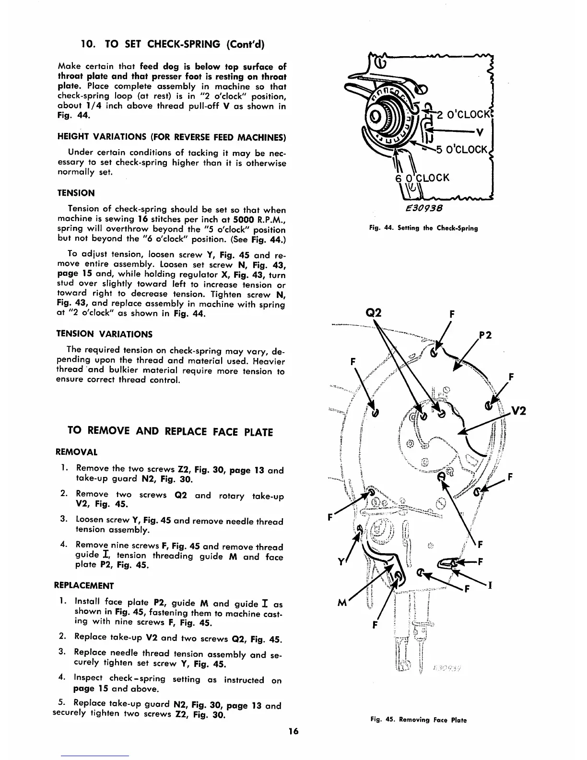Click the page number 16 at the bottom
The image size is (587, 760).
[293, 731]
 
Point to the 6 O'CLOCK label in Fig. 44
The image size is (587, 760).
[422, 178]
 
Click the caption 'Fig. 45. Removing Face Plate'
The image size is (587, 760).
[418, 720]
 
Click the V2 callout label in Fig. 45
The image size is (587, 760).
[518, 411]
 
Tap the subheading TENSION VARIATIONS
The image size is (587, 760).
[105, 334]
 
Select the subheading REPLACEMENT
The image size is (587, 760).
[85, 585]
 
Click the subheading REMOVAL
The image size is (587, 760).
[77, 452]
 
